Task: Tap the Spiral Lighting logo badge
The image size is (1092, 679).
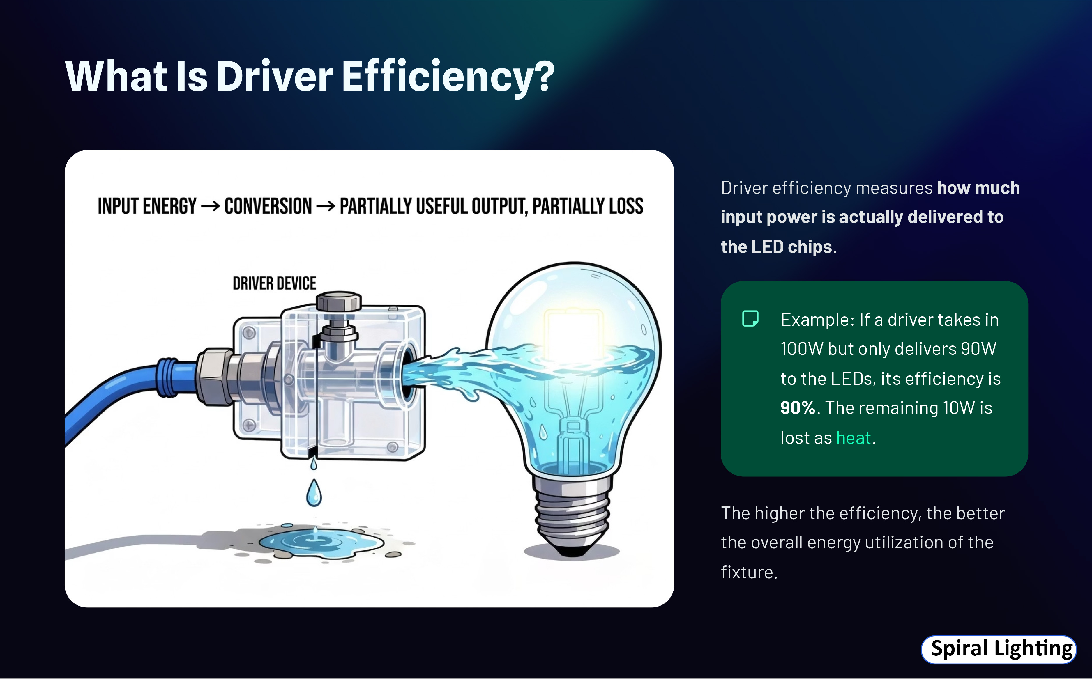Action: click(x=999, y=649)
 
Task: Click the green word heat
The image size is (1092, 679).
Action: click(x=854, y=438)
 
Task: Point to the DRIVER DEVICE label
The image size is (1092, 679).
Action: click(x=275, y=283)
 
